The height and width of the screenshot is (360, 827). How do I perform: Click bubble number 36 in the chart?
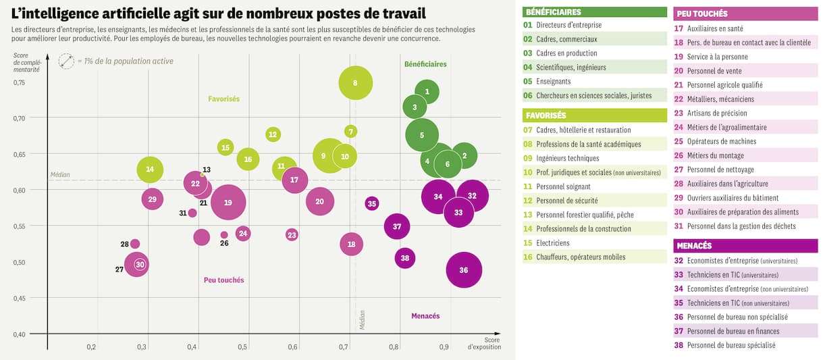(464, 270)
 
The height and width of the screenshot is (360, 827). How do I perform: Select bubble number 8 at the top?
(355, 83)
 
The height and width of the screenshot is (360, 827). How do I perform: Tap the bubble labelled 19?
(228, 202)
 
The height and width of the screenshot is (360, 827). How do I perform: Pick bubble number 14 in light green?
(150, 169)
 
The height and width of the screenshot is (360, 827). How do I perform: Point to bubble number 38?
(404, 258)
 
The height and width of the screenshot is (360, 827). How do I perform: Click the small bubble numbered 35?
(372, 203)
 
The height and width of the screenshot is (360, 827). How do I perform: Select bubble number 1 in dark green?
(427, 91)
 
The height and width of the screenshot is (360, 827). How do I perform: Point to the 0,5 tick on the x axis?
(242, 347)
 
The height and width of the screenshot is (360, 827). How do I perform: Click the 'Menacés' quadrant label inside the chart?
(425, 316)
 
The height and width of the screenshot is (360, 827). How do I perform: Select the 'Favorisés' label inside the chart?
(223, 99)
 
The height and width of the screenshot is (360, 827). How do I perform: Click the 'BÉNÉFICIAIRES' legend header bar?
(595, 11)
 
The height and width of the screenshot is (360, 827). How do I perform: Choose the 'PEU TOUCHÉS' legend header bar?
(746, 14)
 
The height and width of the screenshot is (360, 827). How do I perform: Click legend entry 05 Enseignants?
(595, 81)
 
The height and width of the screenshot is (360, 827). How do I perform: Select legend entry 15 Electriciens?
(595, 243)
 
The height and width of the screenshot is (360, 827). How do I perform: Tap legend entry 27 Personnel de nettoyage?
(746, 170)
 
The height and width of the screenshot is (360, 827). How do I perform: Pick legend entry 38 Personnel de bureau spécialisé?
(746, 345)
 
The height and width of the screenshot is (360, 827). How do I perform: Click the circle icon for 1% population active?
(66, 61)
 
